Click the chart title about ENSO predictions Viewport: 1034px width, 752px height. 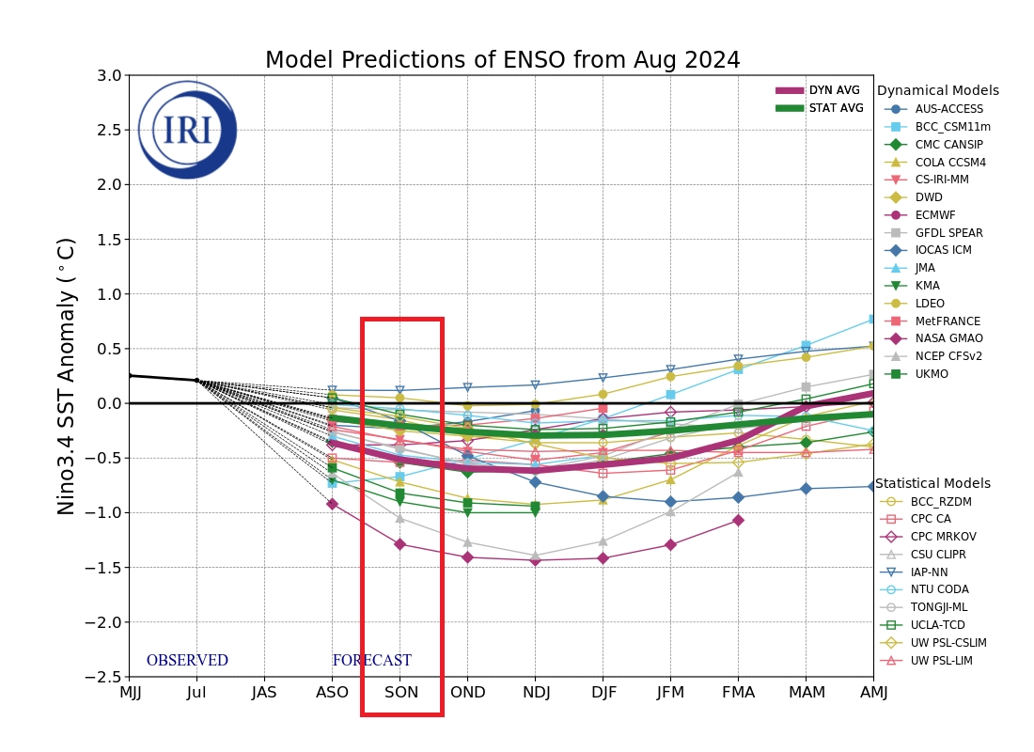502,61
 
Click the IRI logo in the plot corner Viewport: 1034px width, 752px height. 187,130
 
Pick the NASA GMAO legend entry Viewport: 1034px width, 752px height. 948,338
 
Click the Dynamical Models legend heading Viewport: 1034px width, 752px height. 937,91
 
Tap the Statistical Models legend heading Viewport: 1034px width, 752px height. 932,484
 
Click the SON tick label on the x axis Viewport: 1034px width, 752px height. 400,693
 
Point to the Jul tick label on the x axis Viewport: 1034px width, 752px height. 196,693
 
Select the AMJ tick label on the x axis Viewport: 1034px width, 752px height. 873,693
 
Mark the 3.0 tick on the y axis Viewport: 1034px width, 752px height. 109,75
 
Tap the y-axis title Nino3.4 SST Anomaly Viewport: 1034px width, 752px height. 67,376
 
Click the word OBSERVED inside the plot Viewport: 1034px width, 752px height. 187,661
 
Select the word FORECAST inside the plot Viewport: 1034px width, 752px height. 371,661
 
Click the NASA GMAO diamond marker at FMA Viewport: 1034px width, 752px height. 738,520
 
